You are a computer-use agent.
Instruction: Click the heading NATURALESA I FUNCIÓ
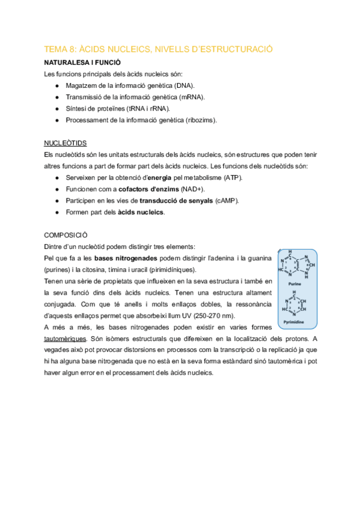tap(82, 62)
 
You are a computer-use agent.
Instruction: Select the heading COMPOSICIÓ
tap(67, 235)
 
